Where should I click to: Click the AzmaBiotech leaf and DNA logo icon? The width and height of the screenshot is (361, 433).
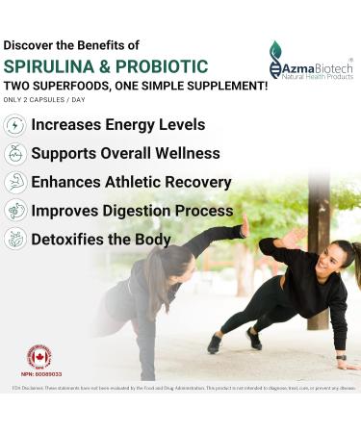276,59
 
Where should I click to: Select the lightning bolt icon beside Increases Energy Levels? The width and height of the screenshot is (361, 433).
14,125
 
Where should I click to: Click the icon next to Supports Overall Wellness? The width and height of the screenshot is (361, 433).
14,154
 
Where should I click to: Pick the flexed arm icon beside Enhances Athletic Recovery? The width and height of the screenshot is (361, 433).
14,183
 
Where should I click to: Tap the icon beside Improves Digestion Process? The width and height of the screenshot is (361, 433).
14,211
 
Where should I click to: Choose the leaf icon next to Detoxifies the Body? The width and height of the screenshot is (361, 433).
14,240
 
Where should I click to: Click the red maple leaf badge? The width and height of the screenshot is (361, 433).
39,357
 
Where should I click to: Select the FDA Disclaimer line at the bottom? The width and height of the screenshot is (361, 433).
180,390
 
